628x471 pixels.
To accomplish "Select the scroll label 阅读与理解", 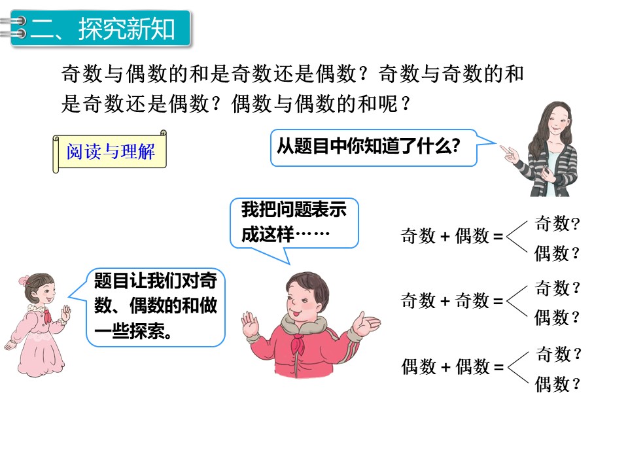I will (x=111, y=152).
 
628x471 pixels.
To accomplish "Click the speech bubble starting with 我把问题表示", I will (x=294, y=222).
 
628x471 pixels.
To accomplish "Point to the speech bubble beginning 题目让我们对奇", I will (x=156, y=306).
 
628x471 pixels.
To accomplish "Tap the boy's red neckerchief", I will (x=304, y=340).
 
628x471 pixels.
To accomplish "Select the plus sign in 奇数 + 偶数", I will (x=445, y=237).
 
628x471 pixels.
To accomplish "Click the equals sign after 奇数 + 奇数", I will (x=498, y=301).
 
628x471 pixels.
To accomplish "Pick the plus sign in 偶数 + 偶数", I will (x=445, y=368).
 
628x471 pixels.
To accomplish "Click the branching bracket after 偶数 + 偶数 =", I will (x=517, y=368).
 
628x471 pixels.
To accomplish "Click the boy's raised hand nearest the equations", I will (x=364, y=324).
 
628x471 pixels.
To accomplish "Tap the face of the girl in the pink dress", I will (x=39, y=294).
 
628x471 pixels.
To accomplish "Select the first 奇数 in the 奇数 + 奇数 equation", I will (x=418, y=301).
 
